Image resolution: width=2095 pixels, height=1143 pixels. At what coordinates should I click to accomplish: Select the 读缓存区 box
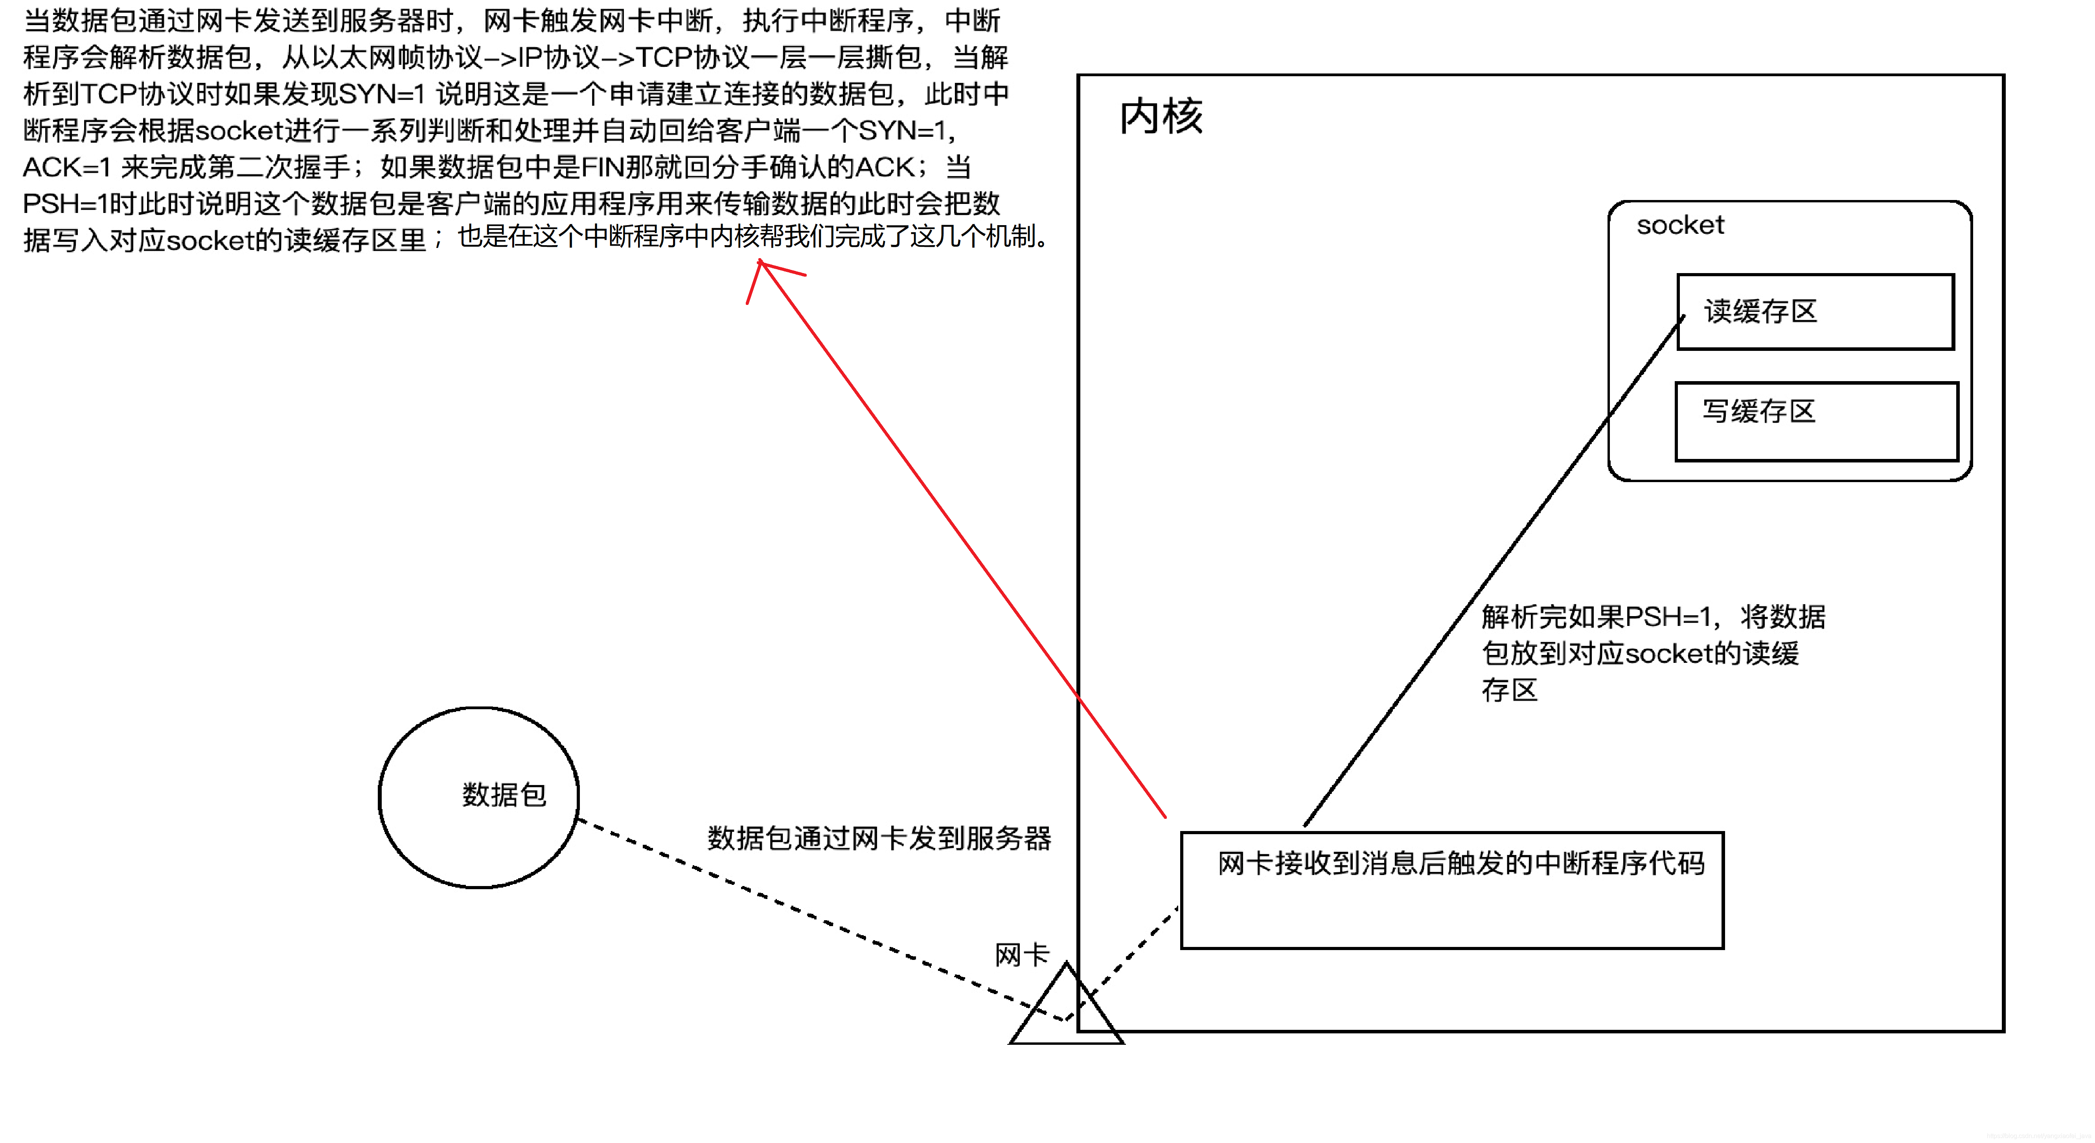coord(1815,312)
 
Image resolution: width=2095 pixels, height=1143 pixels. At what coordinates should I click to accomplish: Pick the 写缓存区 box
coord(1816,421)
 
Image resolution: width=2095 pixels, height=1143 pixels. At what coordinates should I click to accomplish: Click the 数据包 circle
coord(479,797)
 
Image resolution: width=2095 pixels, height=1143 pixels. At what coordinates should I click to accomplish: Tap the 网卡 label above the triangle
coord(1021,954)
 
